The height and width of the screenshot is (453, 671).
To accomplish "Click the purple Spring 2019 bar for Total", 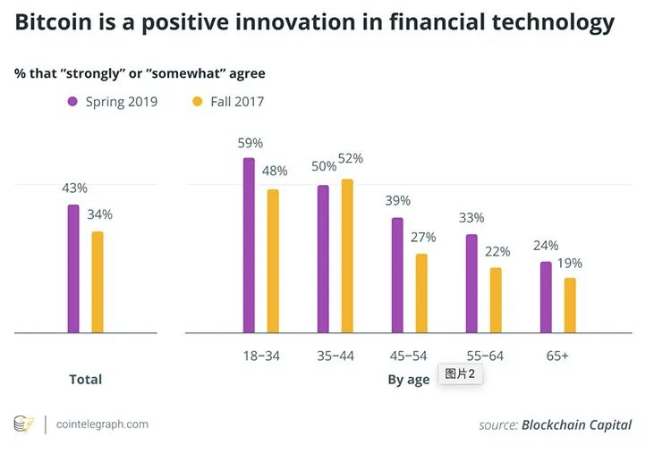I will point(73,268).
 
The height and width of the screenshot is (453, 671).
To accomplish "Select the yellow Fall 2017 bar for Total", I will point(98,282).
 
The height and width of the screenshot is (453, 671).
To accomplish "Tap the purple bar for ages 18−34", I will point(249,246).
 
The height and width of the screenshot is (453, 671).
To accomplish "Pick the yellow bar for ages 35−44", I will point(347,256).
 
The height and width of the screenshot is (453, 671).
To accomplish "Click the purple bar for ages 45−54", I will point(397,275).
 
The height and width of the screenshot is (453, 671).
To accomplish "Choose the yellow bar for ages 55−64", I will point(496,300).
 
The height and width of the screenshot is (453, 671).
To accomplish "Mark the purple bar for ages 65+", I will point(546,298).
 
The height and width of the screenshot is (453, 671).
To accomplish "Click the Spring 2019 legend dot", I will point(73,102).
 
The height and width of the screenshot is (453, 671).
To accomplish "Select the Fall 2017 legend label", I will point(237,102).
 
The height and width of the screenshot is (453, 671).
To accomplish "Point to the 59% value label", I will point(250,143).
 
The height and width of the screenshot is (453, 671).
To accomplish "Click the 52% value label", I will point(351,158).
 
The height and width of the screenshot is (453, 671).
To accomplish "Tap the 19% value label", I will point(570,263).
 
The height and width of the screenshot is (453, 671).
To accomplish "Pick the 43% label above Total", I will point(74,188).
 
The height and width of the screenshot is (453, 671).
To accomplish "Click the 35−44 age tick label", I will point(335,356).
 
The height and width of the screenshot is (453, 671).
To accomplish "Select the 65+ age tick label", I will point(557,356).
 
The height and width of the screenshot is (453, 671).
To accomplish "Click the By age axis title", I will point(408,380).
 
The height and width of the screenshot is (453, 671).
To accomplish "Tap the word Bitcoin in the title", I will point(57,22).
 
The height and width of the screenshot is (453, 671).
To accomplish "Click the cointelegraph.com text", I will point(102,424).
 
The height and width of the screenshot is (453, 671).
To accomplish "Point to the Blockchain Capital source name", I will point(576,424).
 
